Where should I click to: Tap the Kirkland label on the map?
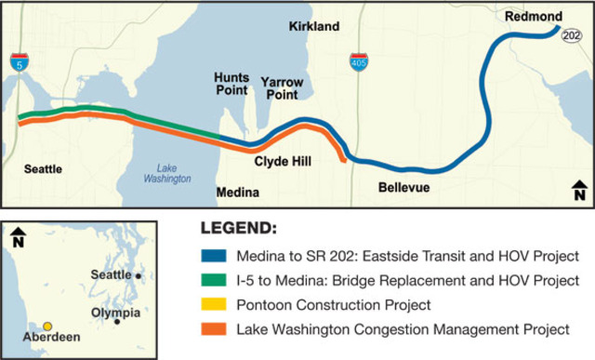[x=313, y=26]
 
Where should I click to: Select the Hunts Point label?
[x=231, y=85]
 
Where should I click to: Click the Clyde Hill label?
[x=283, y=162]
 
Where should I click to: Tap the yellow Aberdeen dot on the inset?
[x=47, y=326]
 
